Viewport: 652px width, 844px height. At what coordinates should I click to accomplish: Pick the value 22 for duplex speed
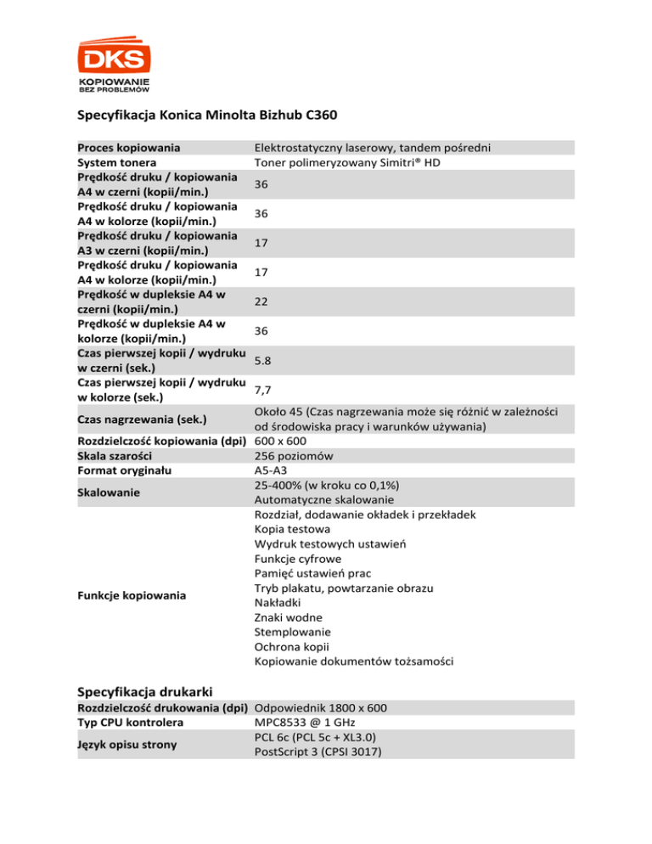(261, 301)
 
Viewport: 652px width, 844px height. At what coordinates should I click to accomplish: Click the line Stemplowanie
(293, 633)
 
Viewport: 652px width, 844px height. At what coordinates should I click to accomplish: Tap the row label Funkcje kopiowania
(132, 596)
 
